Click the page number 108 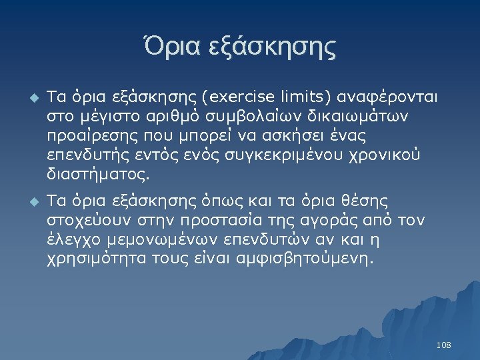(443, 345)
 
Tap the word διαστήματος (97, 177)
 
